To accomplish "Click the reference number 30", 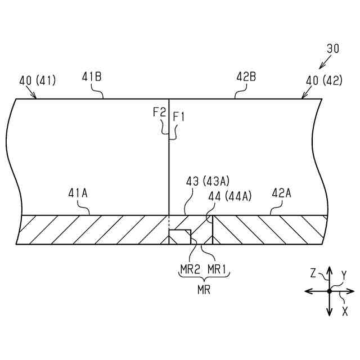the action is point(333,49).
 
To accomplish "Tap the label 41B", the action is point(92,76).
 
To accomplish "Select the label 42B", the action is point(246,76).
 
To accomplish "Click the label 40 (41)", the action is point(38,80).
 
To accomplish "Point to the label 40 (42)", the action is point(324,80).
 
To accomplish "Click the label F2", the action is point(159,112).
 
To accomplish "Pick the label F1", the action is point(179,116).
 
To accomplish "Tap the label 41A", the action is point(78,193).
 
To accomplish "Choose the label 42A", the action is point(281,193).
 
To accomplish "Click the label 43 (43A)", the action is point(208,182).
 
